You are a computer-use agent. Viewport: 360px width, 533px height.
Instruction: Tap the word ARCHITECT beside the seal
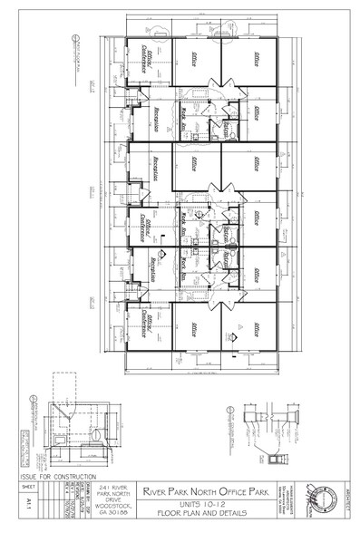(x=342, y=499)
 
